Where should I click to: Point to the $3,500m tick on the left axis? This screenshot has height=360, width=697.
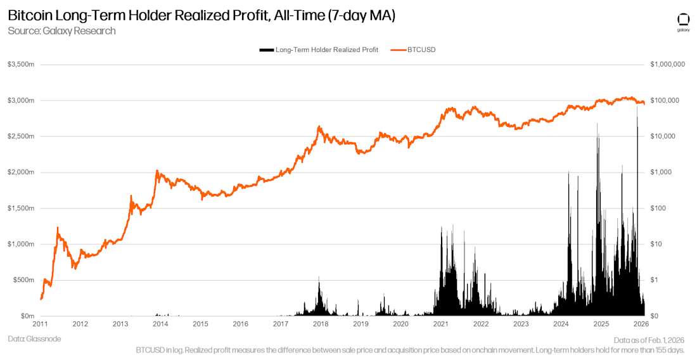tap(21, 65)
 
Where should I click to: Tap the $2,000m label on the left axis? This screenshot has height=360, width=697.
tap(21, 172)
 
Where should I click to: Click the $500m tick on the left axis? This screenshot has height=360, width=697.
tap(23, 280)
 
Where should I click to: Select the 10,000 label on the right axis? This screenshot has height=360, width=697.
tap(666, 136)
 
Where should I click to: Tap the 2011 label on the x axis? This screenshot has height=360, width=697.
tap(40, 324)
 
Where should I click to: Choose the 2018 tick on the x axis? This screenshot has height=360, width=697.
tap(321, 324)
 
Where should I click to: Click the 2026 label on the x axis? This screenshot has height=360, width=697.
tap(641, 324)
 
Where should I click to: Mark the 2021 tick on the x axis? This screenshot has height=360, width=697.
tap(441, 324)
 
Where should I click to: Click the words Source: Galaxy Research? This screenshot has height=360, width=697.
tap(61, 30)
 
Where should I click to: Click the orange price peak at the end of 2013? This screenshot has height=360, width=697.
tap(157, 170)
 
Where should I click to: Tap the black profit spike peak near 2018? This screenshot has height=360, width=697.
tap(319, 277)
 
